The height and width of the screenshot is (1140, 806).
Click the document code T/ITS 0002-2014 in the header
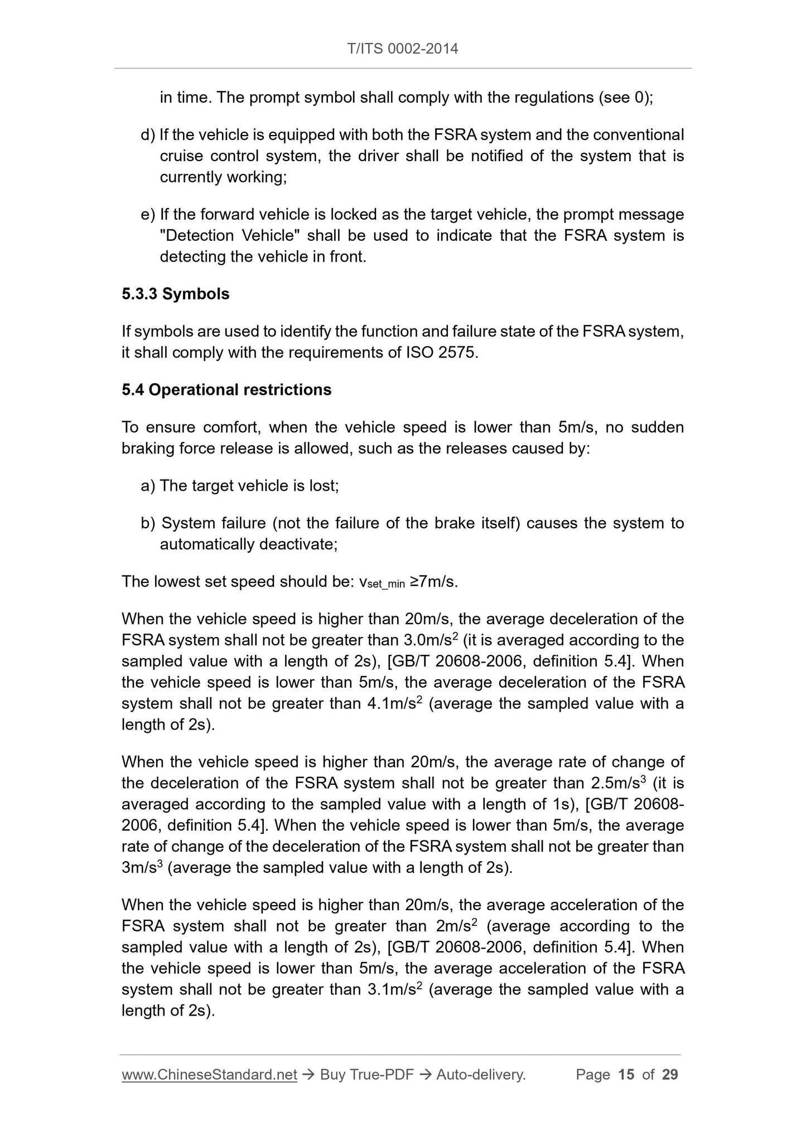coord(402,49)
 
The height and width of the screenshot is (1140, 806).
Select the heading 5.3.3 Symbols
coord(175,294)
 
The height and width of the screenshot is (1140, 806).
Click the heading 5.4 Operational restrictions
coord(226,390)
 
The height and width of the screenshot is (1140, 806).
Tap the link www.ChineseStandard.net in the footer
coord(209,1074)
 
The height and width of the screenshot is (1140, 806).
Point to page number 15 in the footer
coord(626,1074)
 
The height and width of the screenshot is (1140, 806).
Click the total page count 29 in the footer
coord(670,1074)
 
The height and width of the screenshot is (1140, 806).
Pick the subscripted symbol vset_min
coord(382,583)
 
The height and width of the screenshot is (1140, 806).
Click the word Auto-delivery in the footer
coord(480,1074)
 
